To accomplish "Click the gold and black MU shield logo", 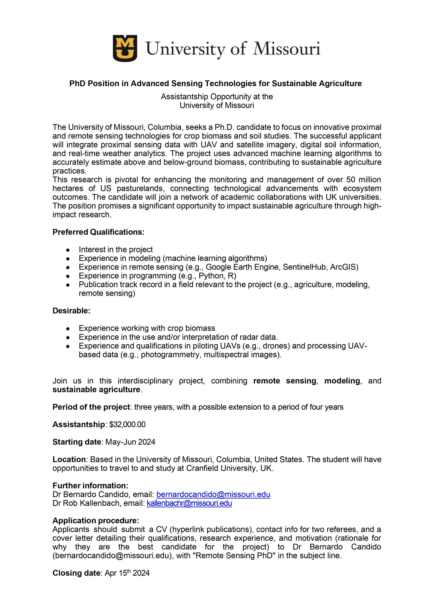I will [x=125, y=48].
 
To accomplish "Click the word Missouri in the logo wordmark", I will [x=287, y=49].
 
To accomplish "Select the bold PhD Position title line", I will [x=215, y=83].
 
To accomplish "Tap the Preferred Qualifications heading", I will [x=98, y=232].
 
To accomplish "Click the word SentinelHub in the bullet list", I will [x=305, y=267].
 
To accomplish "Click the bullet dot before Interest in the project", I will [x=68, y=250].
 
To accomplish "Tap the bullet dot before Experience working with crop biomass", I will [x=68, y=328].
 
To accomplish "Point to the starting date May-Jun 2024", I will [x=130, y=442].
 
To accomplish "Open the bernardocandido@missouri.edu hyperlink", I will [x=213, y=495].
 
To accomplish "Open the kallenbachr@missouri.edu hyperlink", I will [x=189, y=503].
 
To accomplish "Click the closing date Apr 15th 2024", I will [x=127, y=573].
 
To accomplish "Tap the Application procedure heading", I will [x=96, y=520].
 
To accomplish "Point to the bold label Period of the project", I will [x=91, y=407].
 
